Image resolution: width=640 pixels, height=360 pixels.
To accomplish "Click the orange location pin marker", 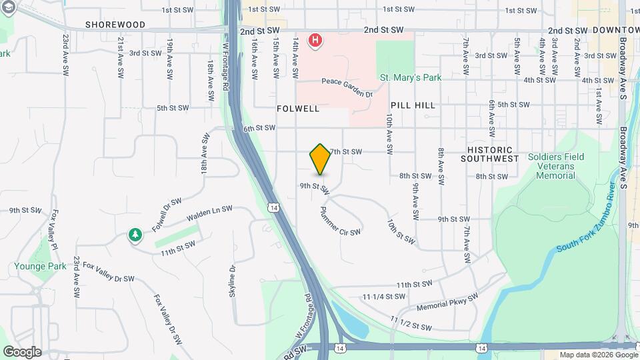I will [x=320, y=159].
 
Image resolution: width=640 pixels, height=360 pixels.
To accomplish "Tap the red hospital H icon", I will [x=315, y=41].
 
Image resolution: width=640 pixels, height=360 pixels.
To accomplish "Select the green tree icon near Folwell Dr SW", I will [x=135, y=235].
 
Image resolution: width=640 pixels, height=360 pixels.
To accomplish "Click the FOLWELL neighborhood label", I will [x=298, y=108].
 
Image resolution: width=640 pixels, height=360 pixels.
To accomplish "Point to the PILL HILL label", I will [x=413, y=105].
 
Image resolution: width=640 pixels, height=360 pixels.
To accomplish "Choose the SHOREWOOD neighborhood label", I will [x=115, y=24].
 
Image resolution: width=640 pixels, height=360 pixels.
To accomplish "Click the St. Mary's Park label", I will [x=411, y=78].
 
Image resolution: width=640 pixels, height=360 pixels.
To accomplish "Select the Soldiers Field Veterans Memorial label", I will [x=556, y=166].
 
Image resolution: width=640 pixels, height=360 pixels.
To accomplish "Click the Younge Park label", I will [x=40, y=266].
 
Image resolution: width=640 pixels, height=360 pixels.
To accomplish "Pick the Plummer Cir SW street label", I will [x=340, y=220].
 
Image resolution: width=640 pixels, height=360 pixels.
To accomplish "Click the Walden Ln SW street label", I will [x=209, y=213].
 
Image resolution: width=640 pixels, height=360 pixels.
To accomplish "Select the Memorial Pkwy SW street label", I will [x=447, y=303].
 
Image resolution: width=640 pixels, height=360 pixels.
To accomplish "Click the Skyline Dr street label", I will [x=233, y=281].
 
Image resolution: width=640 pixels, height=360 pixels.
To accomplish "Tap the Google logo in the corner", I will [x=22, y=352].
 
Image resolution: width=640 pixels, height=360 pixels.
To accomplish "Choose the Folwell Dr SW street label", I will [x=167, y=214].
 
